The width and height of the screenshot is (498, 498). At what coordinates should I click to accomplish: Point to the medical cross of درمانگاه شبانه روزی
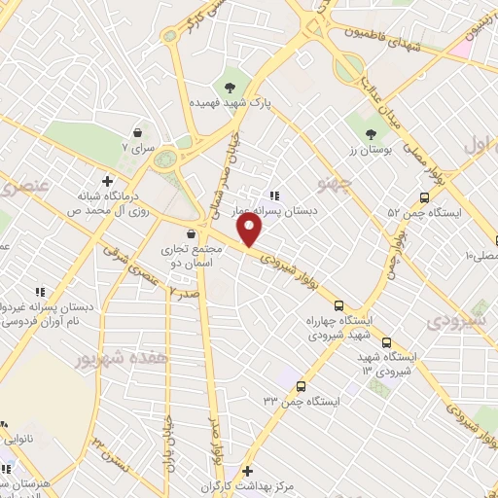tap(107, 181)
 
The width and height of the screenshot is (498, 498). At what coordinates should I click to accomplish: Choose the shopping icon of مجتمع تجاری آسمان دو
tap(191, 233)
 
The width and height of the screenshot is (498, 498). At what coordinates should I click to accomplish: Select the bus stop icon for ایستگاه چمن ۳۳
tap(300, 385)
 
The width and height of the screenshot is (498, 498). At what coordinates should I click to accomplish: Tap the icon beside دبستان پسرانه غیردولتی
tap(40, 291)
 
